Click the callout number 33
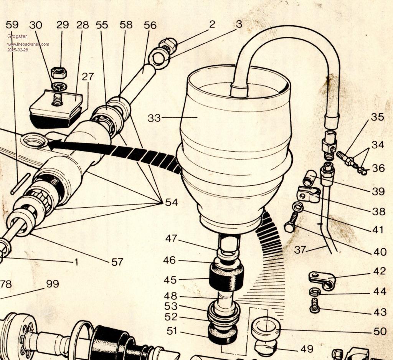point(154,118)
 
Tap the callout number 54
point(172,202)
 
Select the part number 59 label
point(12,25)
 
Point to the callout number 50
point(380,332)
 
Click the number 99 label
point(53,284)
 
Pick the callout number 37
point(300,250)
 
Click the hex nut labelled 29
point(58,73)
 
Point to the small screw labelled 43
point(315,306)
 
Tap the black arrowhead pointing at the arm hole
point(54,144)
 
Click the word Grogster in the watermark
point(17,36)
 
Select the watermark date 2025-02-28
point(18,50)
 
